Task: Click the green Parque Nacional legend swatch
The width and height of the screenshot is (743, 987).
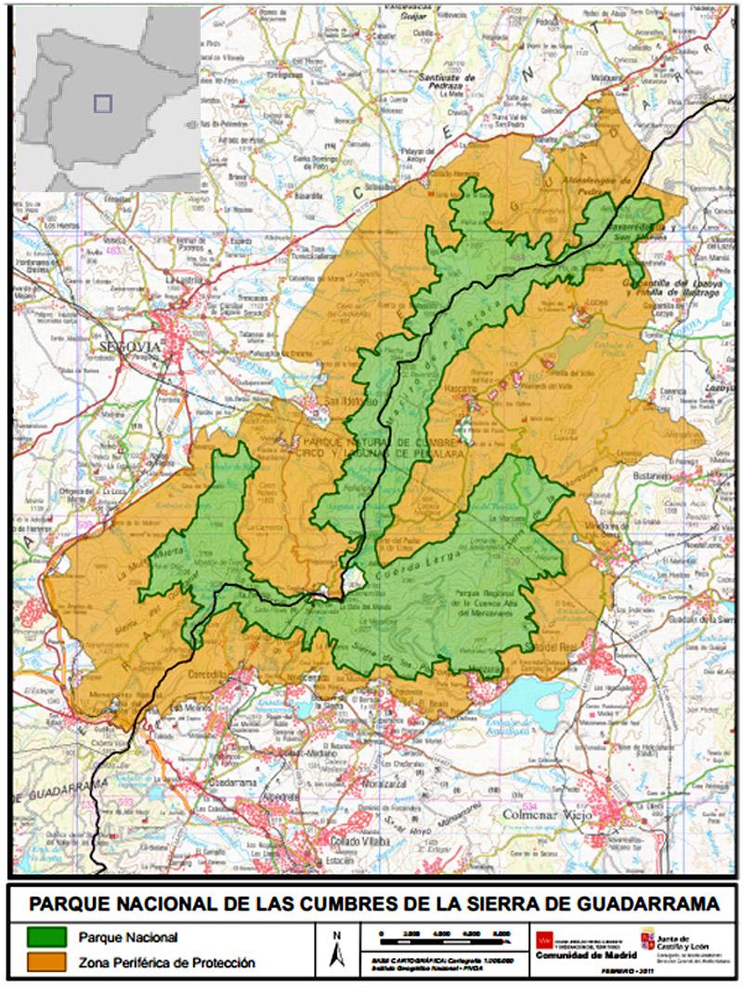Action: [x=46, y=938]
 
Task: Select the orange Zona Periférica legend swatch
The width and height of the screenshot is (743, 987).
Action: [x=46, y=964]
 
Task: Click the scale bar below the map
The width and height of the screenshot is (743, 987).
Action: [x=445, y=933]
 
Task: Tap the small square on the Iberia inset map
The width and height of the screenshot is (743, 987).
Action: [x=103, y=103]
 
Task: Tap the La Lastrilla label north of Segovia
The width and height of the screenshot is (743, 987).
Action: [x=183, y=279]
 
